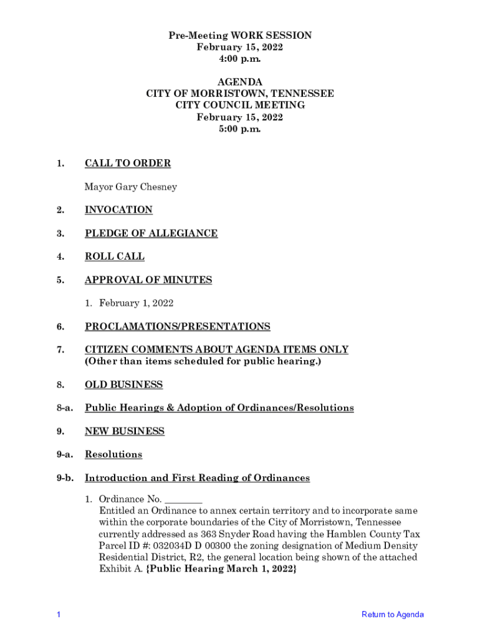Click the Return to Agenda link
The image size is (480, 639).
click(392, 615)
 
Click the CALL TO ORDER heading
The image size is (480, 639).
click(127, 163)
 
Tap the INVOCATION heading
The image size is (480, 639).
click(118, 210)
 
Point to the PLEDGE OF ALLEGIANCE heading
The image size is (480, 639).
click(151, 233)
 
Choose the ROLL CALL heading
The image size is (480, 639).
click(115, 256)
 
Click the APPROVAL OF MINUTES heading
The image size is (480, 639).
click(148, 280)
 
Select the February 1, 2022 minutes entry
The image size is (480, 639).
click(136, 303)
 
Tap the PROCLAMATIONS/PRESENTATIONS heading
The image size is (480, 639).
click(178, 326)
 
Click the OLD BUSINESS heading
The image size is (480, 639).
click(123, 384)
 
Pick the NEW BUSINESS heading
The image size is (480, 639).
click(125, 431)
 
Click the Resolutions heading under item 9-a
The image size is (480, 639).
click(113, 454)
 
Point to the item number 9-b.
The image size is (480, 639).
click(65, 478)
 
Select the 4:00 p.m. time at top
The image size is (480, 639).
click(240, 59)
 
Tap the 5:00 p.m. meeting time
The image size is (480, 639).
click(240, 129)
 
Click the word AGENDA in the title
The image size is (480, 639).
click(240, 82)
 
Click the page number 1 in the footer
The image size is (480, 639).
click(58, 615)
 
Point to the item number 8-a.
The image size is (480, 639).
click(65, 408)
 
